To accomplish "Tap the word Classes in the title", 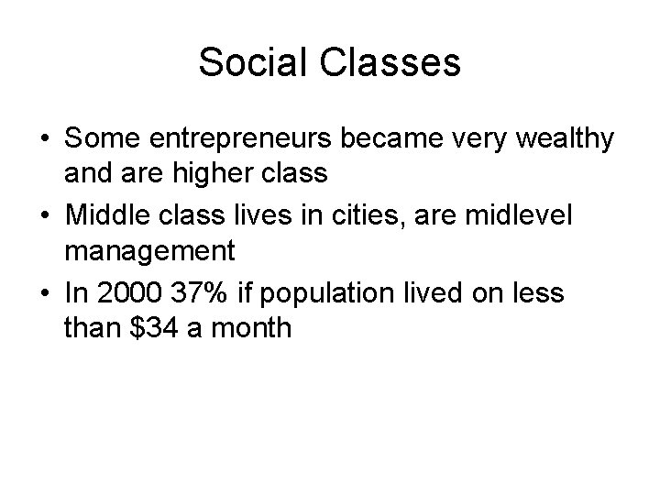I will point(391,62).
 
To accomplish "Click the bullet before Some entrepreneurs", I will point(45,139).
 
